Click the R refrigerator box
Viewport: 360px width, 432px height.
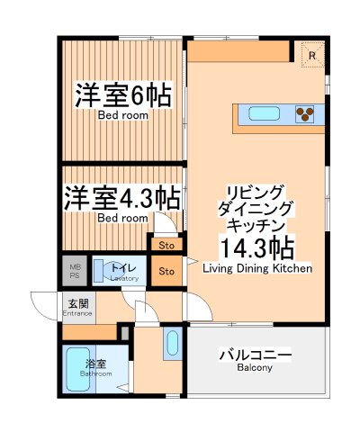(x=311, y=54)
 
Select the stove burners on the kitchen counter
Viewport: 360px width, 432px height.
(x=306, y=113)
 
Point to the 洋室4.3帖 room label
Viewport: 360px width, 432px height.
(x=121, y=198)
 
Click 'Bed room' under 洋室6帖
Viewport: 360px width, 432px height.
(x=122, y=115)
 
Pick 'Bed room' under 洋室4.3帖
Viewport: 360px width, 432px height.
(x=121, y=218)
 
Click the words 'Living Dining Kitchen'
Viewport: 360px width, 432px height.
(x=257, y=268)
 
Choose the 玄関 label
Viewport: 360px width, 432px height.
(x=76, y=303)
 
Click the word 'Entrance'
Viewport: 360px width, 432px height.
(x=76, y=313)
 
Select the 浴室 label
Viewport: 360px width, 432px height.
(x=95, y=364)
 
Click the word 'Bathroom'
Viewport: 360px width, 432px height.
(x=95, y=373)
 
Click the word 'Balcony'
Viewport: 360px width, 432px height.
(x=255, y=368)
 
